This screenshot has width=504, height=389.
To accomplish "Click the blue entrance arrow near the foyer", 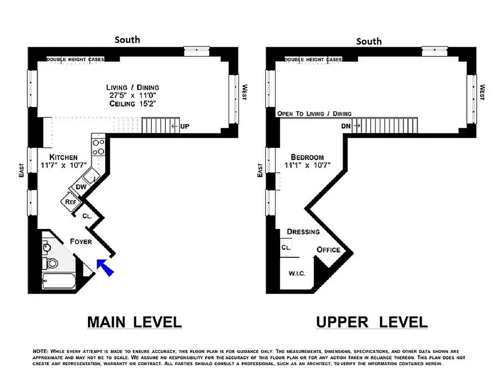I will tap(106, 267).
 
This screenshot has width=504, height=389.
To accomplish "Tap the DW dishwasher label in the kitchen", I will tap(81, 187).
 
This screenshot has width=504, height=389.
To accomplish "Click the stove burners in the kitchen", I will tap(98, 147).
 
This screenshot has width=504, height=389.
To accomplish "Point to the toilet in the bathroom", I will tap(51, 264).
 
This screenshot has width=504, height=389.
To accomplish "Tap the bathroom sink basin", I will tap(46, 248).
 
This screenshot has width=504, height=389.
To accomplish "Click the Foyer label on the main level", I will tap(81, 242).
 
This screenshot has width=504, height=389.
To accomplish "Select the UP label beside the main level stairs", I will tap(184, 126).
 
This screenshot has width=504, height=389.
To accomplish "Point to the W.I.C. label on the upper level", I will tap(297, 274).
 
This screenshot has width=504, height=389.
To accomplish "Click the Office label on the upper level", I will tap(328, 250).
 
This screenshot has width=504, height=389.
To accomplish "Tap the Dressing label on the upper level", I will tap(303, 232).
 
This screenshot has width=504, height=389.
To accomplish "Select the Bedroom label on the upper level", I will tap(307, 158).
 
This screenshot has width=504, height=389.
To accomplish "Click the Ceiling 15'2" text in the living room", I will tap(133, 104).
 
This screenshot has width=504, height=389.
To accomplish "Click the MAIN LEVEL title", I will tap(134, 321).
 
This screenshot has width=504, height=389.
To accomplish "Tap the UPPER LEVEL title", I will tap(372, 321).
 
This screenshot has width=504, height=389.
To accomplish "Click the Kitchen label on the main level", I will tap(63, 158).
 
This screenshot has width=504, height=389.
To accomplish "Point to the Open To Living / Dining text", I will tap(314, 114).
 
